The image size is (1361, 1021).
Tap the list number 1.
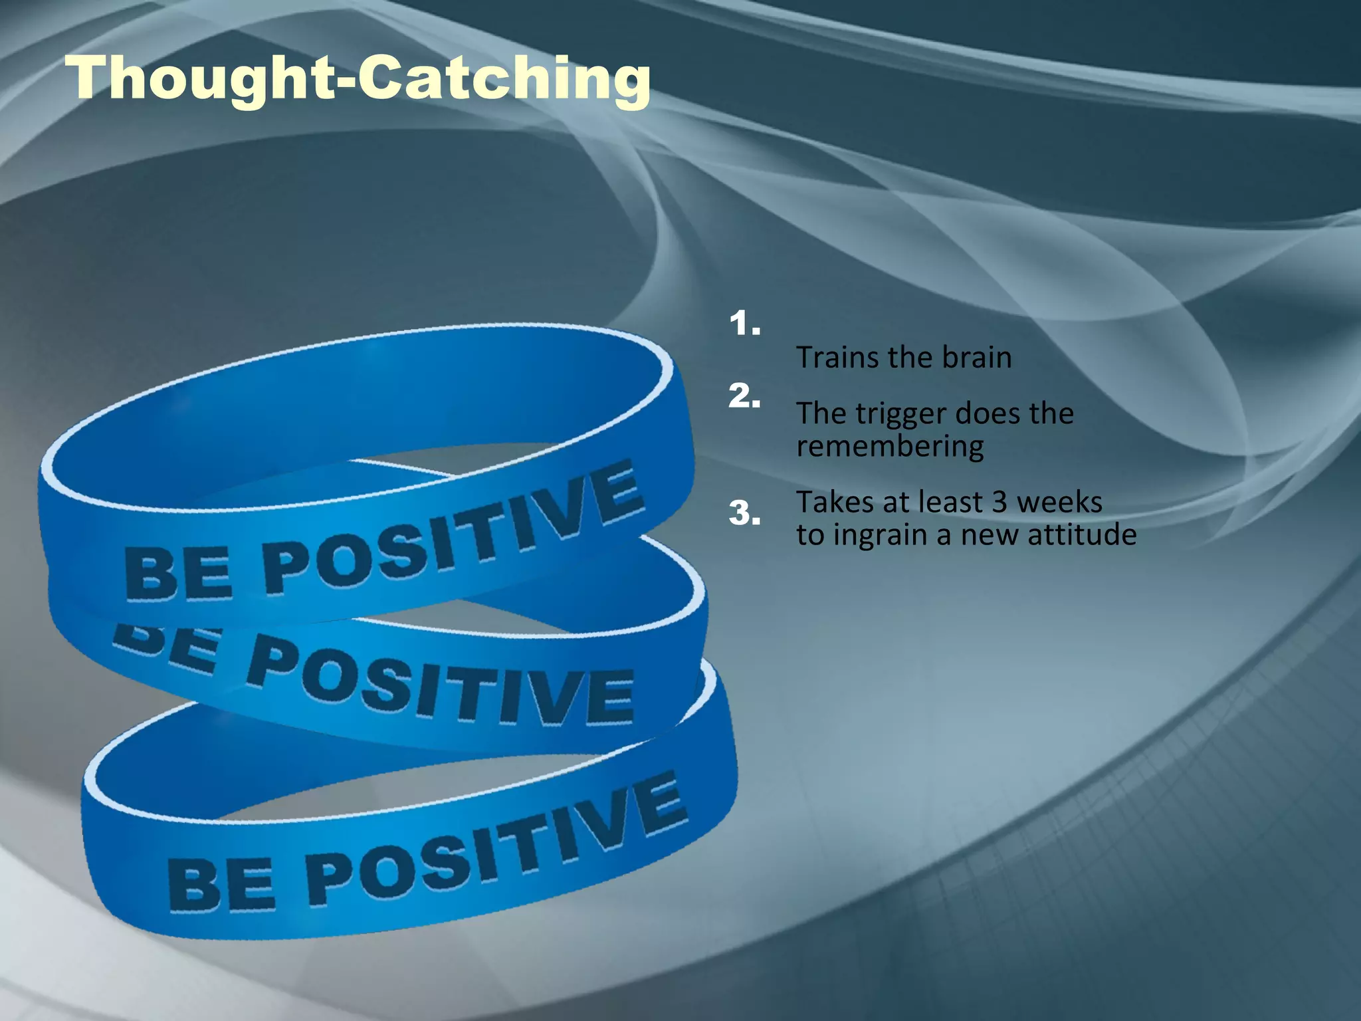point(744,324)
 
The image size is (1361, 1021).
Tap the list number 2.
point(744,396)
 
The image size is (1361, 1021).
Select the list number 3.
point(744,513)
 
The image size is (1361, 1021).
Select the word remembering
point(890,446)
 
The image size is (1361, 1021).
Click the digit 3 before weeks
point(999,503)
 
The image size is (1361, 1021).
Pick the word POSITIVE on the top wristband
point(452,532)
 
